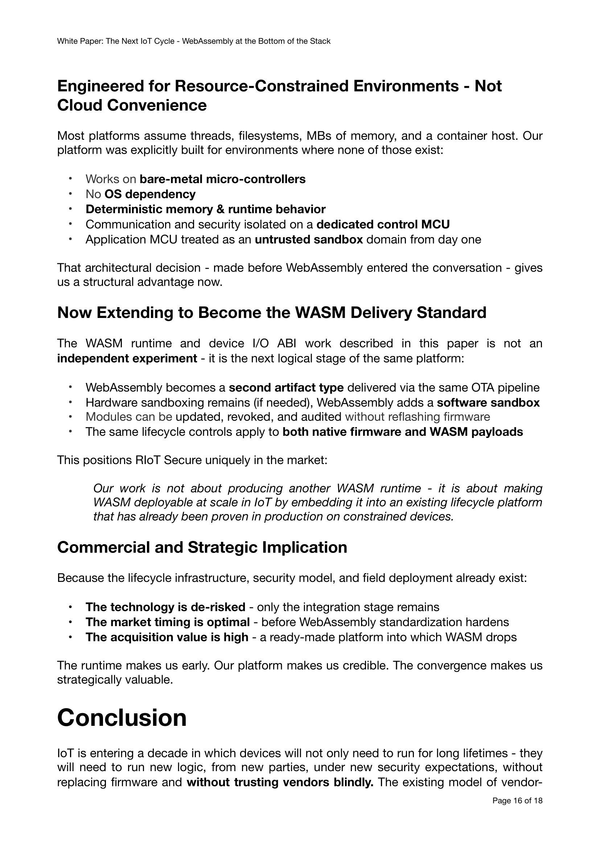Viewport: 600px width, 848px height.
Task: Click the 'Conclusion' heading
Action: point(122,717)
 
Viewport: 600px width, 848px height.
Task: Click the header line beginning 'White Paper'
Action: point(194,41)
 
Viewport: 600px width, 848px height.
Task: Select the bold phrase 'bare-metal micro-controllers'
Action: point(222,179)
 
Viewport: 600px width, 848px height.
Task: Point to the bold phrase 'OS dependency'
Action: point(150,194)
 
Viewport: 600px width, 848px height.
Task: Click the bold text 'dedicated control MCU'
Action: point(383,224)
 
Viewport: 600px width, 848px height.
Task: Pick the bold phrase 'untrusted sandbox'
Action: point(309,240)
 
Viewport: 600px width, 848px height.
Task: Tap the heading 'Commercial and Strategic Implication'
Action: point(202,547)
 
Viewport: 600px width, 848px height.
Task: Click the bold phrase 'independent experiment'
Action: point(127,359)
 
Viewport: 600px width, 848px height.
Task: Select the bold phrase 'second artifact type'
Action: point(286,388)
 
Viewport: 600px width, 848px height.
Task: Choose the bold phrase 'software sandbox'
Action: point(488,402)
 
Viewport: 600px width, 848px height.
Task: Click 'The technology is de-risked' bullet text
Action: point(165,607)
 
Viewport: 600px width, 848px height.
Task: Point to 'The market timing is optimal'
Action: point(168,622)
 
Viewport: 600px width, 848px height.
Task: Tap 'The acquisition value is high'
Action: point(167,637)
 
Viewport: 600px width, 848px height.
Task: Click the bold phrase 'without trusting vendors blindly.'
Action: point(280,783)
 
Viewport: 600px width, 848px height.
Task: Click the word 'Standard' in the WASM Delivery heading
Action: point(452,313)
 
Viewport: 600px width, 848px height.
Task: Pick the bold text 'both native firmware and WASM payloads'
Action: point(403,432)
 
